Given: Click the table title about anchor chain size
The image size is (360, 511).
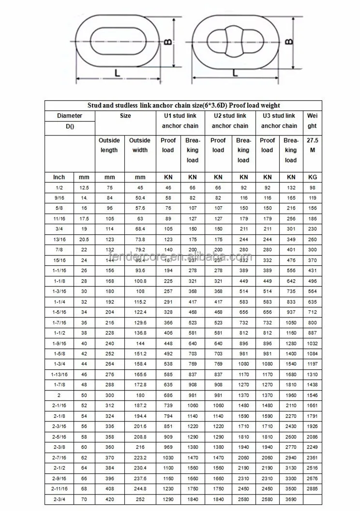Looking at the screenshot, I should point(183,105).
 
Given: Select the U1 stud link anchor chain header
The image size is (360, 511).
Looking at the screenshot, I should point(179,120).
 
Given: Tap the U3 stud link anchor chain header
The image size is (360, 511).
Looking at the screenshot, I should point(279,120).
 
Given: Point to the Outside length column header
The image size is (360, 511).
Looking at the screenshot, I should point(109,145).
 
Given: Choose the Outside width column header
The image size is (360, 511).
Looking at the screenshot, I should point(140,145).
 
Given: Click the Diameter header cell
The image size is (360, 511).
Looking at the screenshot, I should point(70,116).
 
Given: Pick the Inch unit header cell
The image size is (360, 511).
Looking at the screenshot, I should point(59,177).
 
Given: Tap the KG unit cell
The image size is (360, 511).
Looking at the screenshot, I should point(312,177).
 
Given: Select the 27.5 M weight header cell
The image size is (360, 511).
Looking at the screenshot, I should point(312,145).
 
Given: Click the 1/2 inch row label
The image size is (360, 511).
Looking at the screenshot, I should point(59,187).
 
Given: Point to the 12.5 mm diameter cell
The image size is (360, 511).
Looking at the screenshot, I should point(84,187).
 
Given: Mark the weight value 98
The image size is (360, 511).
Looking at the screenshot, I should point(312,187).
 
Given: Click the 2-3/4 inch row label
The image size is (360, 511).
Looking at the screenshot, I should point(59,498).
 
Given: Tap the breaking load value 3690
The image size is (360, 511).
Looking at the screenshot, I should point(290,498).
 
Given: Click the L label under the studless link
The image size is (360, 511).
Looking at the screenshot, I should point(118,73).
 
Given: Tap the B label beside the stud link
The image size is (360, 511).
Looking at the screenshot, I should point(289,41).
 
